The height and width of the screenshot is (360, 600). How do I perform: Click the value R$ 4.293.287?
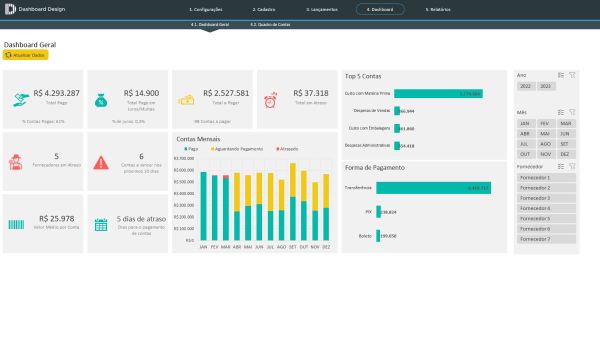[x=56, y=93]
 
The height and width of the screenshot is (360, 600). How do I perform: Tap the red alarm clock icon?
[x=271, y=99]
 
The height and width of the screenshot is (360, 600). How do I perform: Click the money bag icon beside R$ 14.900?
[x=101, y=99]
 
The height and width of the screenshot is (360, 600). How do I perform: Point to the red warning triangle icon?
[x=101, y=161]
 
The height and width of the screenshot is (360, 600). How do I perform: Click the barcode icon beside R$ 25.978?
[x=17, y=220]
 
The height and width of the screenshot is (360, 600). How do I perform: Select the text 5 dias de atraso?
[x=140, y=218]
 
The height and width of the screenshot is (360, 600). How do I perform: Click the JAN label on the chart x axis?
[x=203, y=246]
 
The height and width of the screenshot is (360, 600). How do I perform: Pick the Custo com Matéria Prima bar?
[x=439, y=93]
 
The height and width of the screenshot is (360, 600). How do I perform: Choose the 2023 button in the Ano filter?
[x=546, y=87]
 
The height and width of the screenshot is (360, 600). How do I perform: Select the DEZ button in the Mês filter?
[x=565, y=154]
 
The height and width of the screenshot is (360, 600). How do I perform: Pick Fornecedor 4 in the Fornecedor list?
[x=536, y=208]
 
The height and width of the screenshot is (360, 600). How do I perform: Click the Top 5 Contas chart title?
[x=363, y=76]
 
